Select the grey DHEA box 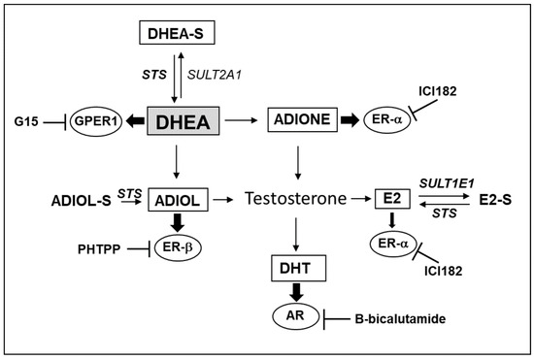[184, 121]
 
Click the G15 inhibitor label [24, 122]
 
